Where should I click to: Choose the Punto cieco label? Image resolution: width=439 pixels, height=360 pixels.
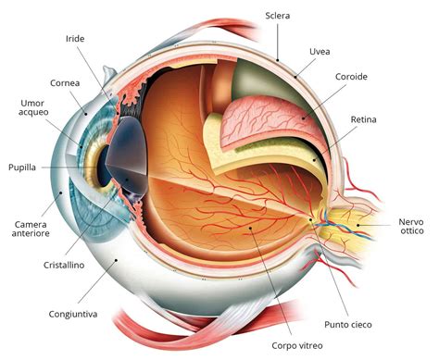click(347, 323)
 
